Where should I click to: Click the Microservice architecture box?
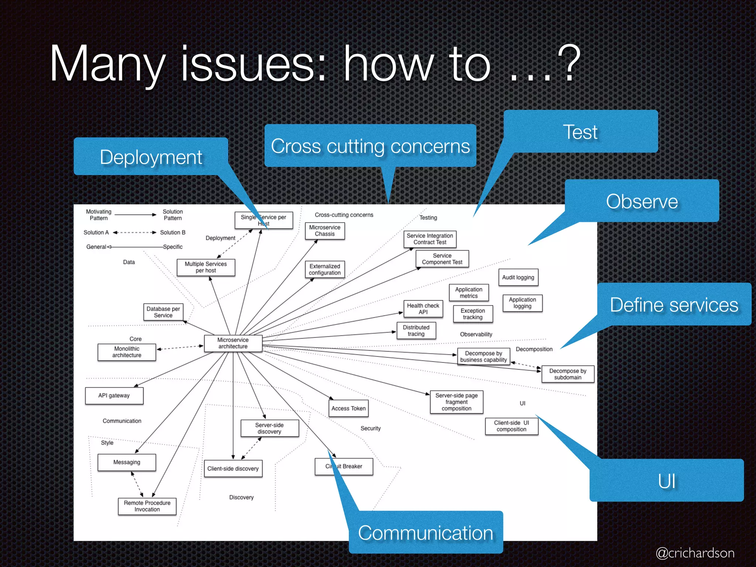tap(233, 343)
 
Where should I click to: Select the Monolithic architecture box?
tap(127, 352)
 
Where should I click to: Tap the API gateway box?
tap(114, 396)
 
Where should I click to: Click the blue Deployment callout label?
tap(151, 157)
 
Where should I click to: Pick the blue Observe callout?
tap(642, 201)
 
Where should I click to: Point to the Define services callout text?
tap(674, 305)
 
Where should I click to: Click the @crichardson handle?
tap(695, 553)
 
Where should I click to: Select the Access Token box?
tap(348, 409)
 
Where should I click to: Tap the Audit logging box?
tap(518, 277)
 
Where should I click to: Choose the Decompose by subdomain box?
tap(567, 374)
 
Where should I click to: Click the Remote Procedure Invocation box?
tap(147, 506)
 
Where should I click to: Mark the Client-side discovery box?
tap(233, 468)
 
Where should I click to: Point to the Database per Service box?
tap(163, 312)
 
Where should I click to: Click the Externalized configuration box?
tap(324, 269)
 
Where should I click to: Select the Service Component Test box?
tap(442, 259)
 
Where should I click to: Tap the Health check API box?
tap(423, 309)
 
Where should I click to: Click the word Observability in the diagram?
tap(476, 334)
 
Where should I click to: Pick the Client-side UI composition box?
tap(511, 426)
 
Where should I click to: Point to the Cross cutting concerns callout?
tap(370, 146)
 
